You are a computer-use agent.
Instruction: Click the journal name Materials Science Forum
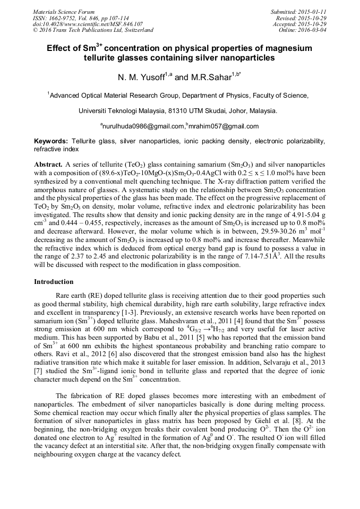pos(64,12)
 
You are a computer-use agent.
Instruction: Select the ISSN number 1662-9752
pos(59,18)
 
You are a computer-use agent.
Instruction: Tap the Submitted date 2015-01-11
pos(313,12)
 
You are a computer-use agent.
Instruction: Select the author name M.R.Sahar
pos(209,78)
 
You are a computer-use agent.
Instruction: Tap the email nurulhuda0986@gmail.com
pos(144,126)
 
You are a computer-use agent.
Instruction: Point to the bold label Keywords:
pos(50,142)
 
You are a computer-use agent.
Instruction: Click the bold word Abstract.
pos(48,165)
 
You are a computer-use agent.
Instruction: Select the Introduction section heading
pos(54,282)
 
